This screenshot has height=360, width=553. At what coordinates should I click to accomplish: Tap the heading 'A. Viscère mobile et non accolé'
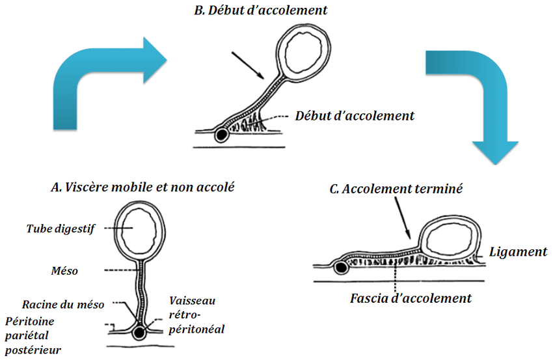(x=142, y=187)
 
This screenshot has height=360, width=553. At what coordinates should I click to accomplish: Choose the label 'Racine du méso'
(x=62, y=304)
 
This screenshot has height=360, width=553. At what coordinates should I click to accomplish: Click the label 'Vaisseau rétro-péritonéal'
(x=196, y=314)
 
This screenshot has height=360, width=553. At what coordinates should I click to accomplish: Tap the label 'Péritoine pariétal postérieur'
(x=36, y=336)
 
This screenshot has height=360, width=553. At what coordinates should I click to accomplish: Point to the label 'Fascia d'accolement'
(x=410, y=299)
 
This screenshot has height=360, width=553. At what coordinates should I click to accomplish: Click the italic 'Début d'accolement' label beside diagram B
(x=355, y=116)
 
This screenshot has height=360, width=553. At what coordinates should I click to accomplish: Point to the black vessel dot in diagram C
(x=340, y=267)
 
